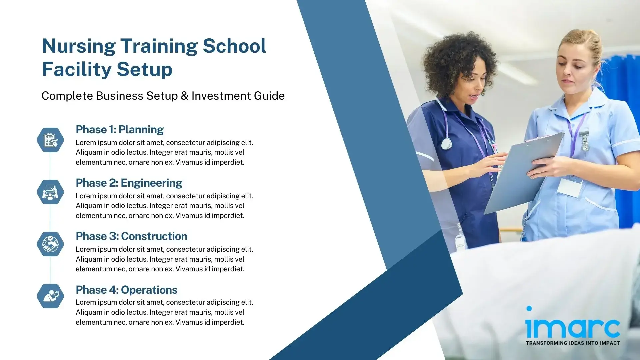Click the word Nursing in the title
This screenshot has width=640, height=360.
point(79,46)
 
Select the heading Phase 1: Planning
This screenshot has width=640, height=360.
point(119,129)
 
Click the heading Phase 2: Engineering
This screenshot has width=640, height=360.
point(129,183)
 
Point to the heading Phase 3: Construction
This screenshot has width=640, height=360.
point(131,236)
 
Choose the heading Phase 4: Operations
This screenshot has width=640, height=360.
point(126,290)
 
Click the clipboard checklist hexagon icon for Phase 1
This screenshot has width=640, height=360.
point(50,140)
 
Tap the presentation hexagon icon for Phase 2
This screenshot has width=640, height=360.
point(50,192)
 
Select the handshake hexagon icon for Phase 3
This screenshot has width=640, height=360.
point(50,244)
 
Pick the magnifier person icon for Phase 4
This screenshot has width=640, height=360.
point(50,296)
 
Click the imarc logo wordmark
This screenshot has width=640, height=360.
point(572,327)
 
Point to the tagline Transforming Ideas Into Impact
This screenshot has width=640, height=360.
point(573,343)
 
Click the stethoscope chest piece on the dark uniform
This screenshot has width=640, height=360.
point(446,144)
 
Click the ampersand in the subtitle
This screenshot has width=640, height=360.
point(184,96)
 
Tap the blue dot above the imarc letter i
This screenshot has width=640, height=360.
point(529,308)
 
